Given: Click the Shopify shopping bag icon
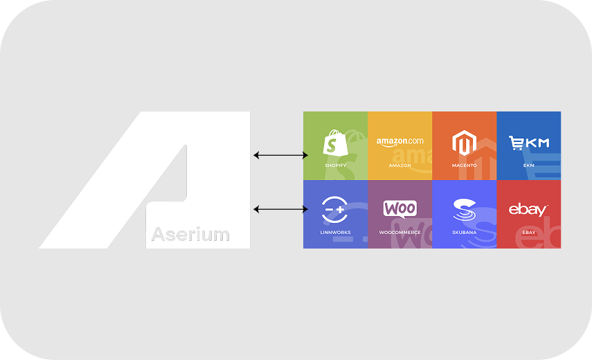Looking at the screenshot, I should coord(335,144).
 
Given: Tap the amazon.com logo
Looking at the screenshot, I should coord(400,142).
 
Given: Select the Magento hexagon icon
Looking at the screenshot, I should coord(464,143).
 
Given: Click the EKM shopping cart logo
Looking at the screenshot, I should coord(528,143).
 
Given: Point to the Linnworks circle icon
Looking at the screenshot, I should coord(335,209).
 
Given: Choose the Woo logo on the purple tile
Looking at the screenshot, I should coord(400,208).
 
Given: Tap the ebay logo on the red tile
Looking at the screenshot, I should coord(528,209).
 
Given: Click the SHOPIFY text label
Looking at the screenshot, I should coord(335,165).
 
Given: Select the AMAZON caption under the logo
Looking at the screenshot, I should coord(400,165).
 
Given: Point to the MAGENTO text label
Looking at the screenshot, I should coord(464,165).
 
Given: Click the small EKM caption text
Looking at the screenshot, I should coord(528,165).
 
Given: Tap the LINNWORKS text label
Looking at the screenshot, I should coord(335,232).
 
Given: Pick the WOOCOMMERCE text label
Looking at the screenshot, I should coord(400,232).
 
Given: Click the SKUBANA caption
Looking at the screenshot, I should coord(464,232).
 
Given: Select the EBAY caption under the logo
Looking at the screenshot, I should coord(528,232).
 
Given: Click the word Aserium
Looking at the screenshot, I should coord(190,234).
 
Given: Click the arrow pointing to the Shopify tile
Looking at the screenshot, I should coord(280,155).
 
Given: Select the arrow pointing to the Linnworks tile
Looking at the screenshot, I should coord(280,208).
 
